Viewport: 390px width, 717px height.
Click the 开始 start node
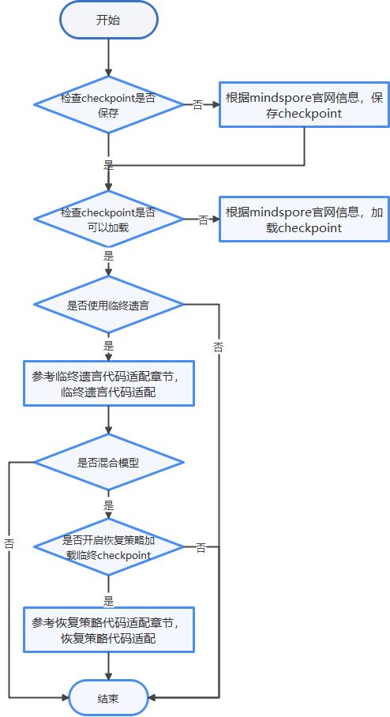(x=109, y=20)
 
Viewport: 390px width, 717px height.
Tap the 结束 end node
(x=109, y=698)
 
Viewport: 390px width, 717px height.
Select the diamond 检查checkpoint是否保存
(x=109, y=105)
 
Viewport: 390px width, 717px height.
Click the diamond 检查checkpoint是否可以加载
(x=109, y=219)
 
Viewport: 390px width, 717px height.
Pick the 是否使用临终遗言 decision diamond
(x=109, y=305)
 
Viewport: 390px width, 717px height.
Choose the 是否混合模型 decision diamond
(x=109, y=462)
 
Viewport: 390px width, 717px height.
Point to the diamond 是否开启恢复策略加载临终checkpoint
(x=109, y=547)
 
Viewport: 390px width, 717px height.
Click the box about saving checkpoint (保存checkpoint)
(x=304, y=105)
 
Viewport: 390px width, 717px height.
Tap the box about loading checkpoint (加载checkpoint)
(x=304, y=219)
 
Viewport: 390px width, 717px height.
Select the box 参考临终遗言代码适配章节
(x=109, y=383)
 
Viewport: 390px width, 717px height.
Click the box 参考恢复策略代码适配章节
(x=109, y=629)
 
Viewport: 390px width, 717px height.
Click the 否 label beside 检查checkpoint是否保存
(x=197, y=105)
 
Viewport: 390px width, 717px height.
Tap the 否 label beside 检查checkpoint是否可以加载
(x=203, y=220)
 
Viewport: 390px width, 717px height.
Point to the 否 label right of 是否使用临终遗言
(x=219, y=347)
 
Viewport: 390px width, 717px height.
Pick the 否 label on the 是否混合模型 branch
(x=9, y=543)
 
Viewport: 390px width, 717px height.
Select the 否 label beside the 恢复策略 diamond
(x=201, y=547)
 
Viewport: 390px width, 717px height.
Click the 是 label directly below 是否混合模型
(x=109, y=505)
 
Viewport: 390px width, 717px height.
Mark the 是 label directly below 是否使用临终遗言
(x=109, y=345)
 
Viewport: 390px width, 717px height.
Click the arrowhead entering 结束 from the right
(x=152, y=698)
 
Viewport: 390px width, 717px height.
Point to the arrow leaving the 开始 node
(x=109, y=58)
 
